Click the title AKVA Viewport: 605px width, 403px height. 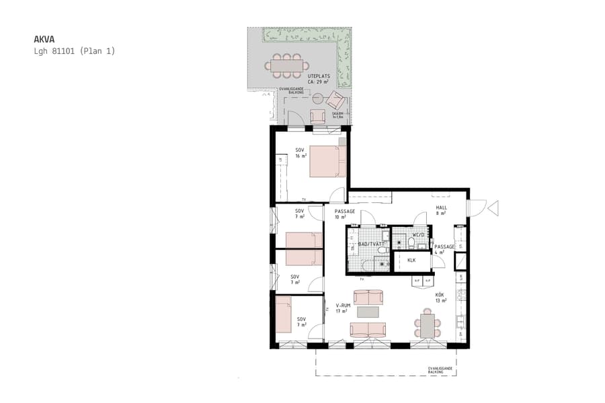click(x=45, y=39)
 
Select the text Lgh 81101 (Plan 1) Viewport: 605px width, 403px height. click(x=75, y=51)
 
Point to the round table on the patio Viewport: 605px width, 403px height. click(x=318, y=99)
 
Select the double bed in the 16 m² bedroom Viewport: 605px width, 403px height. click(x=327, y=161)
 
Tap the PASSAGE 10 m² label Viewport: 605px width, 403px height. click(x=344, y=214)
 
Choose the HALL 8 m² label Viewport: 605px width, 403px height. click(x=441, y=211)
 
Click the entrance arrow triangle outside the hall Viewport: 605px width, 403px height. click(x=493, y=208)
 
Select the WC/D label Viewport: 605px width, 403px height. click(x=418, y=234)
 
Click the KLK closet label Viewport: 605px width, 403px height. click(x=411, y=260)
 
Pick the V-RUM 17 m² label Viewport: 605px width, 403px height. click(x=343, y=308)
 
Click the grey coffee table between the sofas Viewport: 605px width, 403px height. click(x=368, y=312)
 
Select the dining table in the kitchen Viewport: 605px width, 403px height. click(x=427, y=326)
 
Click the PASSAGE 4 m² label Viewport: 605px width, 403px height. click(x=444, y=249)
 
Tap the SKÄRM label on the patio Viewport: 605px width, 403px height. click(x=337, y=115)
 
